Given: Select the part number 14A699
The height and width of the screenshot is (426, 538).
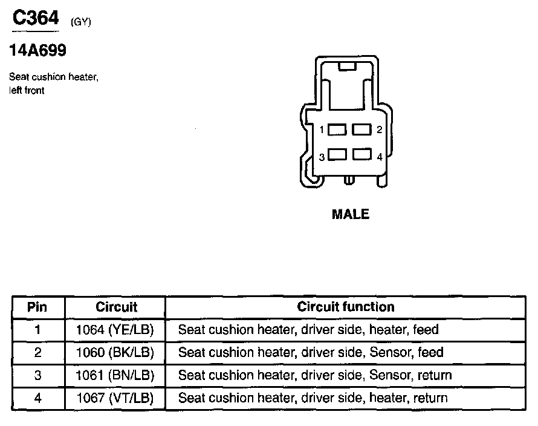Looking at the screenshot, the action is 37,51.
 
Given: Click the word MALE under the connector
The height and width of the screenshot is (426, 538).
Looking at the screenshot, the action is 351,214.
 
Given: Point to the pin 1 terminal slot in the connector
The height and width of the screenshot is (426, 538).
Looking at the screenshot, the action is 337,129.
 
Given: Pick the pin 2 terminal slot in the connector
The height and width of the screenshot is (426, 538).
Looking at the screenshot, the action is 361,129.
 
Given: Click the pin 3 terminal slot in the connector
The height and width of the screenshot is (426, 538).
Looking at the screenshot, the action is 337,155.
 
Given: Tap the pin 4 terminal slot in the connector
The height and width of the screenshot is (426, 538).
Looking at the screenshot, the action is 361,155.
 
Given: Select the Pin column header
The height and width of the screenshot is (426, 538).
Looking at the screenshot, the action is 37,307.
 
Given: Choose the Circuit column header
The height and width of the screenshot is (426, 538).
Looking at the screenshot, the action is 116,307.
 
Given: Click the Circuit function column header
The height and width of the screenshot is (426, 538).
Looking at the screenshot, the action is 345,307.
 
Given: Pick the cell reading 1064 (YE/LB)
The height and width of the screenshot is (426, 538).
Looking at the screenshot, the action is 115,330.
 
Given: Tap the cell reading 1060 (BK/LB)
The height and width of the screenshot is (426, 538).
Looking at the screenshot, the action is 115,353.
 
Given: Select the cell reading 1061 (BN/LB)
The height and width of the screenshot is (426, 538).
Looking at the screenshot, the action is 115,375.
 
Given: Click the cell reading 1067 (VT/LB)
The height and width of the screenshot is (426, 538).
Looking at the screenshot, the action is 115,398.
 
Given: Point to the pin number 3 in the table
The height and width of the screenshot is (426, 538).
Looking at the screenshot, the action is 37,375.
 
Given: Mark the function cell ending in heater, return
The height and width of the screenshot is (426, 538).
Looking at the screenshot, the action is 313,398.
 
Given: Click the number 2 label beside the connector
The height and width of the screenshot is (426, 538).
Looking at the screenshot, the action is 379,130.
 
